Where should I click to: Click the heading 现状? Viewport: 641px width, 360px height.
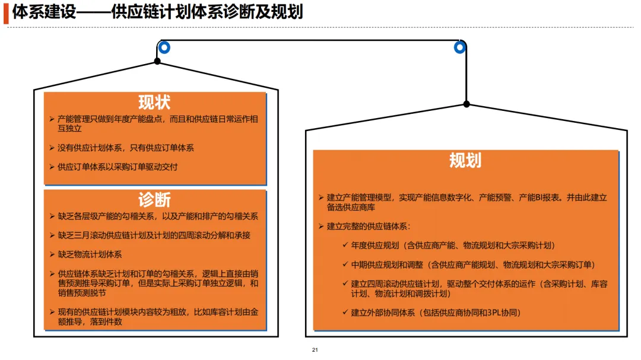click(x=154, y=102)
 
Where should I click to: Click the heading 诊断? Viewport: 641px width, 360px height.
click(x=154, y=199)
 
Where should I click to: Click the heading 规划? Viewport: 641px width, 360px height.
click(x=465, y=161)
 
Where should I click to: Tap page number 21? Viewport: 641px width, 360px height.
click(x=315, y=350)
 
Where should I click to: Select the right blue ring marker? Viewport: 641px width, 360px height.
click(x=459, y=47)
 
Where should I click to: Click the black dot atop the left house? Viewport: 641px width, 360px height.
click(x=157, y=61)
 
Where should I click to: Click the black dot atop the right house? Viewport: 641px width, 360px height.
click(x=467, y=104)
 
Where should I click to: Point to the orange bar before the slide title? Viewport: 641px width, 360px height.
click(x=6, y=13)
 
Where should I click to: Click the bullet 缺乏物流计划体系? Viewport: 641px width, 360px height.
click(x=90, y=254)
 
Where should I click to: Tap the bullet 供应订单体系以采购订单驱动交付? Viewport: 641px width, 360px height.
click(x=118, y=167)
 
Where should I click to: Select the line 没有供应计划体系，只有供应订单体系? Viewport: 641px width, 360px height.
click(x=125, y=148)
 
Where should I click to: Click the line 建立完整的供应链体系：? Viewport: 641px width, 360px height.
click(x=368, y=226)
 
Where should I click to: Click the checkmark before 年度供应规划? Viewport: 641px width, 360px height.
click(x=345, y=245)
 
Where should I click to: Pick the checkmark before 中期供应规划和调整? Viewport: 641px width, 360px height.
click(x=345, y=264)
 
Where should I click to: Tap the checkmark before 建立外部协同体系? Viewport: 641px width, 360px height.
click(x=345, y=313)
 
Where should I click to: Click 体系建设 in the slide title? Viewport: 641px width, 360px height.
click(x=45, y=12)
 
